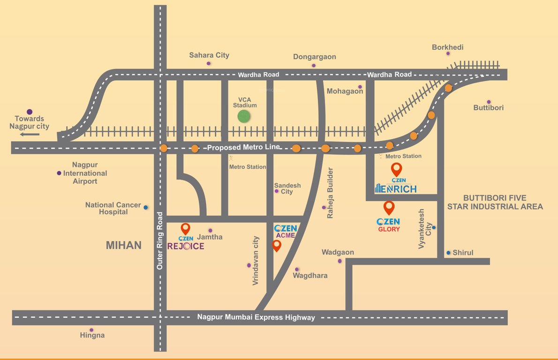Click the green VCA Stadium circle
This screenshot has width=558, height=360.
click(x=243, y=117)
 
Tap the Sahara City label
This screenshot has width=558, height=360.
click(x=209, y=55)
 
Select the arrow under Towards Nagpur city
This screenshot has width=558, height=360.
click(x=30, y=135)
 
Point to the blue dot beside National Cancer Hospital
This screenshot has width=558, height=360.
click(x=145, y=207)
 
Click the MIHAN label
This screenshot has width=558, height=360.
click(x=123, y=245)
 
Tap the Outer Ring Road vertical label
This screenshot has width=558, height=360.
click(x=160, y=241)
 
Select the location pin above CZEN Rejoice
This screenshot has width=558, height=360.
click(x=186, y=229)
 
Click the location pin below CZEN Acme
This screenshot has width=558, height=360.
click(x=277, y=245)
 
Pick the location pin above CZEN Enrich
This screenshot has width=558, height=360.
click(x=397, y=169)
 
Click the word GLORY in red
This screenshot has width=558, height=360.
click(x=389, y=229)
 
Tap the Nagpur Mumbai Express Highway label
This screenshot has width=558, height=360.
click(x=256, y=317)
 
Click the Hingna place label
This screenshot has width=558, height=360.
click(x=92, y=335)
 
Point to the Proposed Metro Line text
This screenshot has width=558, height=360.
click(x=243, y=147)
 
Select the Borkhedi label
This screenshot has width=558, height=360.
click(x=448, y=47)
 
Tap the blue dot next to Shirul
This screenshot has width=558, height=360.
click(x=448, y=253)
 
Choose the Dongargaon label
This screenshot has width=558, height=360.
click(x=315, y=57)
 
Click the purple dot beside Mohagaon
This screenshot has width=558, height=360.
click(x=360, y=87)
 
